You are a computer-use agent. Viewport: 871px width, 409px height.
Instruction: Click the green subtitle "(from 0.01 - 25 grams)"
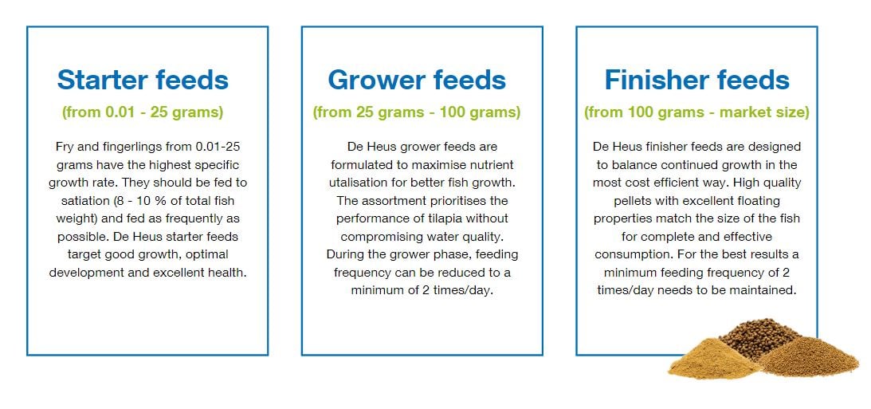coord(143,112)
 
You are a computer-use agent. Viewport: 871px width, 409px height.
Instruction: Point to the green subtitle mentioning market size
coord(696,112)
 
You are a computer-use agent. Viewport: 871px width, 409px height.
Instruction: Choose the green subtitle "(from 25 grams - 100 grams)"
coord(417,112)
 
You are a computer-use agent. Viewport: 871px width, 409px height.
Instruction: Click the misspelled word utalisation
coord(355,183)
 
